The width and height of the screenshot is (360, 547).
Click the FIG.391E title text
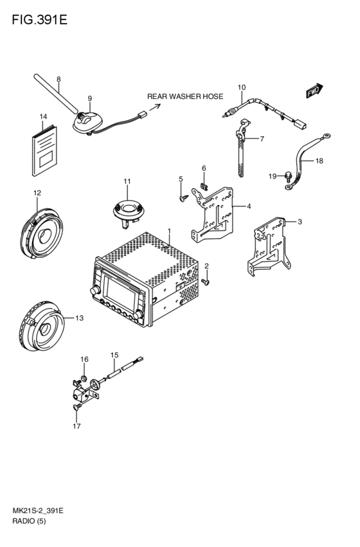39,20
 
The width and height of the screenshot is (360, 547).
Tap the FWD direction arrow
314,91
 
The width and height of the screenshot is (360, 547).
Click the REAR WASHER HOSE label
185,96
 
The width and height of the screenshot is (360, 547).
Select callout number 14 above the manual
43,116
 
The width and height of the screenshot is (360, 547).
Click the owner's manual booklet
44,150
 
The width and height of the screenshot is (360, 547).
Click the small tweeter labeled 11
129,211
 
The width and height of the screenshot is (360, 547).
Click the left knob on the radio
94,291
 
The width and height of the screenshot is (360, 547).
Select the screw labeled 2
205,282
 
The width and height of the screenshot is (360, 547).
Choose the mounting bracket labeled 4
213,215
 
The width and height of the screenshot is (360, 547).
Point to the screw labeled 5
183,198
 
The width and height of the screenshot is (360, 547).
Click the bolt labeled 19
288,177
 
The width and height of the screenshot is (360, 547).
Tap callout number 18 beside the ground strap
319,161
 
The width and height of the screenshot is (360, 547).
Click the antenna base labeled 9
88,122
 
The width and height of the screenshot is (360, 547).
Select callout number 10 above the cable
242,87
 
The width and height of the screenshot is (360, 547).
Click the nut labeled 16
84,378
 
